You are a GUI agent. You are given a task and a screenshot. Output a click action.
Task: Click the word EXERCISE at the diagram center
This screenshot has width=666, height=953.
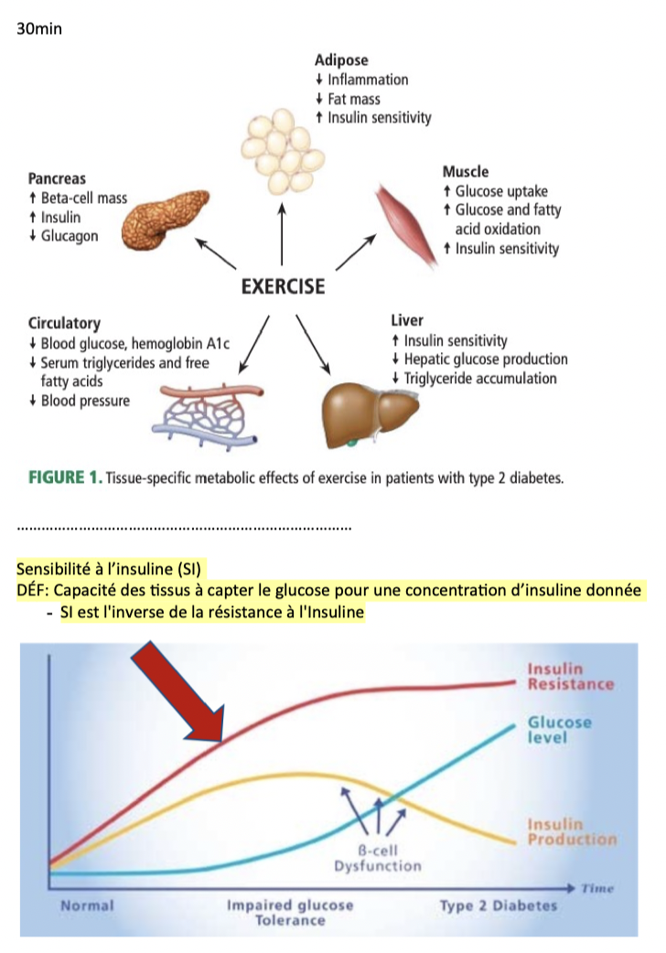point(283,286)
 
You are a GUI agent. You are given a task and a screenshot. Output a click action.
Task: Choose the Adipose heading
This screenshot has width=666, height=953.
point(341,60)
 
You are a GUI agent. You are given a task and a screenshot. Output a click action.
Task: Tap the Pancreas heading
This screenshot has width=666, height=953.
point(57,180)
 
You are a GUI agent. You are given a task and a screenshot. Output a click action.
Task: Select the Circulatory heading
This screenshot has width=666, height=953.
point(64,323)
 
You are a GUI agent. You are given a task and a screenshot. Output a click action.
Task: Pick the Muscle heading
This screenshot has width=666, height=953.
point(466,171)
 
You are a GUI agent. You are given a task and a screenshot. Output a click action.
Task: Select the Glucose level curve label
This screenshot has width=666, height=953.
point(560,729)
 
